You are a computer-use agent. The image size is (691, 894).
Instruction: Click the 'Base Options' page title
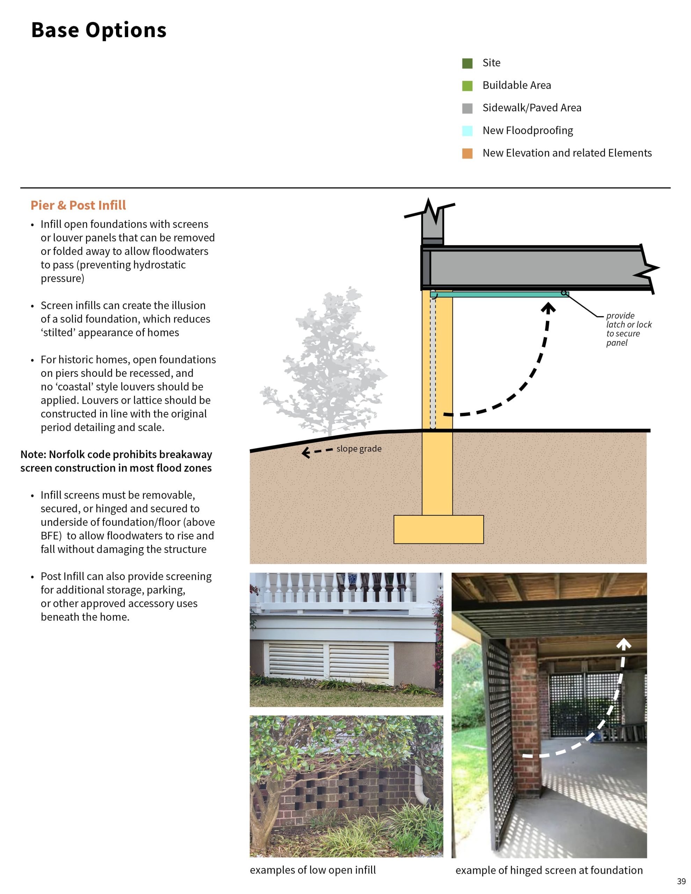(x=99, y=30)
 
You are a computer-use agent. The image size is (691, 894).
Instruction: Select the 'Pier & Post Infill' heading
(x=78, y=205)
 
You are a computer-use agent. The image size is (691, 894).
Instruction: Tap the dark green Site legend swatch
(x=467, y=63)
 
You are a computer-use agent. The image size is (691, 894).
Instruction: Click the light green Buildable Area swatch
(x=467, y=86)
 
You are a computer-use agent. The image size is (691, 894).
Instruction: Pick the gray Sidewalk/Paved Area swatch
(x=467, y=108)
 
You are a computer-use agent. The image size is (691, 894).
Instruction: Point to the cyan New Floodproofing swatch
(x=467, y=131)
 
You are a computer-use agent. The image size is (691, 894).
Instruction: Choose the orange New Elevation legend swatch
(x=467, y=153)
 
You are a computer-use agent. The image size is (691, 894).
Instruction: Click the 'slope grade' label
(x=359, y=449)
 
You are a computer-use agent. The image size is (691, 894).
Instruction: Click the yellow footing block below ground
(x=438, y=529)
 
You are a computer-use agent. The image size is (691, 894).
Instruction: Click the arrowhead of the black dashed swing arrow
(x=548, y=307)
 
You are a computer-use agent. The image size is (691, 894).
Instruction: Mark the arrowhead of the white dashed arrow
(x=624, y=645)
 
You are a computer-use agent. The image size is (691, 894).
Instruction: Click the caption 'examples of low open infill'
(x=313, y=870)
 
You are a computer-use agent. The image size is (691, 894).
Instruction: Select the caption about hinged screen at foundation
(x=549, y=870)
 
